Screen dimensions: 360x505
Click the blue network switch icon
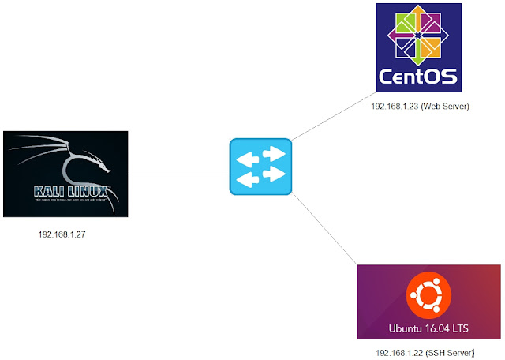tap(260, 167)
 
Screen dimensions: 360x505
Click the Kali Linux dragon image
tap(65, 174)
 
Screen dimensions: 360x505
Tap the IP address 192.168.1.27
tap(62, 234)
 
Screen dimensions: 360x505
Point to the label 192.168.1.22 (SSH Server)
tap(427, 353)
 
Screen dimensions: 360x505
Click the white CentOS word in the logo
tap(417, 77)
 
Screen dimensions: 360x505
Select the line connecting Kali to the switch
tap(178, 170)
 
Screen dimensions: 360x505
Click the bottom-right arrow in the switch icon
tap(272, 174)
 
